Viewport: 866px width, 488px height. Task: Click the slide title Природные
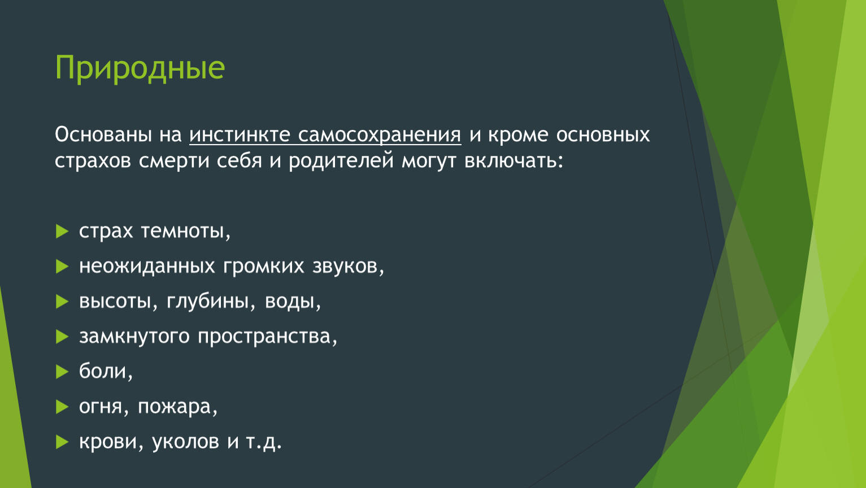[140, 68]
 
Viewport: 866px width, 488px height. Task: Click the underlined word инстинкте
[240, 134]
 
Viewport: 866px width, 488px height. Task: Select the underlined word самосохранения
[380, 136]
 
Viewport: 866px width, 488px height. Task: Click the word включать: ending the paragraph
[514, 161]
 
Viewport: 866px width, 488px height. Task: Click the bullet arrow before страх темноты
[62, 231]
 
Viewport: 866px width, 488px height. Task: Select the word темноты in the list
[186, 232]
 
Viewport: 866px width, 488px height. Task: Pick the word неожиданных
[147, 267]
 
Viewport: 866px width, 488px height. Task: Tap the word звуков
[349, 267]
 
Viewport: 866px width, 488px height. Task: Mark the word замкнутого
[134, 337]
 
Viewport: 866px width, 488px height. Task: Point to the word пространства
[268, 337]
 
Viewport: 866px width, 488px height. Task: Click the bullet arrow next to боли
[62, 372]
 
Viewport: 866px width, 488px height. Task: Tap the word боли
[106, 371]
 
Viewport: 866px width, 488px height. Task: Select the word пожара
[178, 407]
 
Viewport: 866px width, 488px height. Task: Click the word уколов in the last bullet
[185, 442]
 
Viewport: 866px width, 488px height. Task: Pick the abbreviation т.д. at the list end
[264, 442]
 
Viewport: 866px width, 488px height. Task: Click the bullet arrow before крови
[62, 442]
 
